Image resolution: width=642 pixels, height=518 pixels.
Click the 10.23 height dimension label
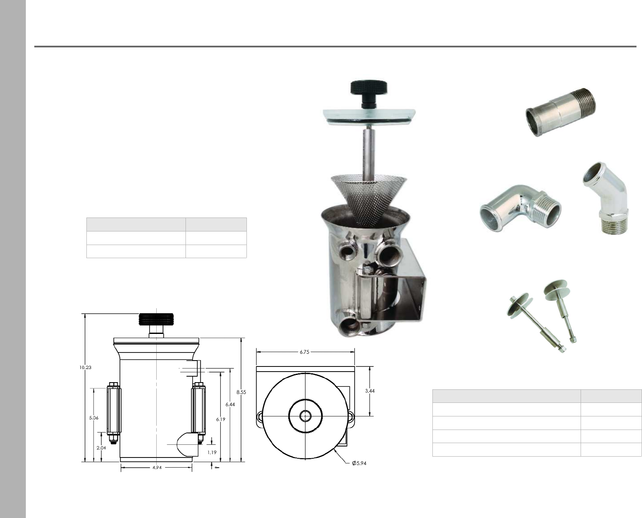[x=85, y=367]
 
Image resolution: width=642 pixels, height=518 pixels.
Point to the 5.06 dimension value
[x=94, y=418]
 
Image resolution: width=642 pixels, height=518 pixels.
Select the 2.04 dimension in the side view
[x=101, y=448]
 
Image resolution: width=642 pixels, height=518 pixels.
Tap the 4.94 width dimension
[x=157, y=468]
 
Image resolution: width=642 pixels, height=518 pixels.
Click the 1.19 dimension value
[x=212, y=452]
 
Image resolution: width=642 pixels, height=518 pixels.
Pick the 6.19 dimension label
[x=221, y=419]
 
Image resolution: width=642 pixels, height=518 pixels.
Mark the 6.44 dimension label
[x=230, y=405]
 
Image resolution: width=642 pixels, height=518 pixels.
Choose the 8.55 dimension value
[x=241, y=392]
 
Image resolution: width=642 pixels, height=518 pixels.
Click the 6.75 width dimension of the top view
[x=304, y=352]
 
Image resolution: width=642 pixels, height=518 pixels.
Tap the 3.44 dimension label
[x=370, y=391]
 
